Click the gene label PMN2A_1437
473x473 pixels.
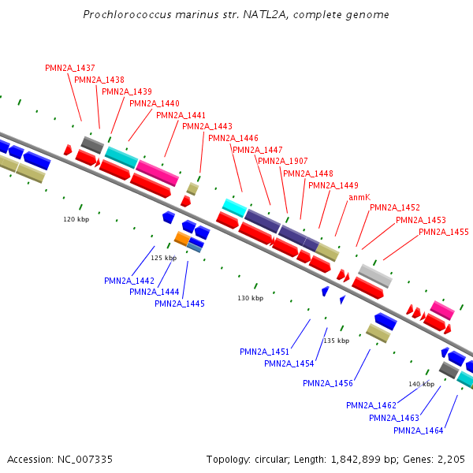[x=70, y=68]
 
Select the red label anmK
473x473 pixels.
[x=359, y=197]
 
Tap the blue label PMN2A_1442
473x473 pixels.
[x=129, y=281]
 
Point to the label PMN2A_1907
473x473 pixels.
[x=282, y=162]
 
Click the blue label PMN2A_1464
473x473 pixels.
[x=419, y=430]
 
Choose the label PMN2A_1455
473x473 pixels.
[x=444, y=232]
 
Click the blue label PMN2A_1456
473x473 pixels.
[x=328, y=383]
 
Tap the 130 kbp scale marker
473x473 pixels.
[x=249, y=298]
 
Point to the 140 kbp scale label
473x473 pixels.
[x=421, y=384]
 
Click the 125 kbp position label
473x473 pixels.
[x=163, y=258]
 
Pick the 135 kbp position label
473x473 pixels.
[x=336, y=341]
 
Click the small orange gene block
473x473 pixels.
[x=182, y=238]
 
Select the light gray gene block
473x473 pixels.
[x=375, y=275]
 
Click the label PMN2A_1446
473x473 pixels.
[x=233, y=138]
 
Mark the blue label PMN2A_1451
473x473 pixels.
[x=265, y=352]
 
